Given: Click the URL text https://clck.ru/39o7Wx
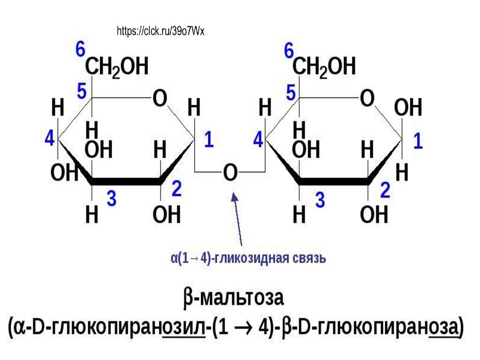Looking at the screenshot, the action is pos(160,31).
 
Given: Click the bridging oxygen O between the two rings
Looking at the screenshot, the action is pos(230,173).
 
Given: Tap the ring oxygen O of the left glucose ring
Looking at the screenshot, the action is pos(160,99).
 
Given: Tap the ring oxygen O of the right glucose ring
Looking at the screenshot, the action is pos(367,99).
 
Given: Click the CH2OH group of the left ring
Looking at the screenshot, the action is pos(117,67).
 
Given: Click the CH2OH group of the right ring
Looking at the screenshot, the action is pos(324,67).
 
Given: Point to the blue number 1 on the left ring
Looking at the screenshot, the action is pos(209,141).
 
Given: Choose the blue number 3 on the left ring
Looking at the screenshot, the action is pos(112,199).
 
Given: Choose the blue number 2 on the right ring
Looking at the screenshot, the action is pos(385,191).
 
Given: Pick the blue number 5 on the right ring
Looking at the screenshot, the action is pos(291,92).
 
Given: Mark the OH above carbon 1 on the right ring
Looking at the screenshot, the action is pos(408,108).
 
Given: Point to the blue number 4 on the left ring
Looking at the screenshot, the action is pos(50,139).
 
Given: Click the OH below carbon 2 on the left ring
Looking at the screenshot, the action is pos(166,215).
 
